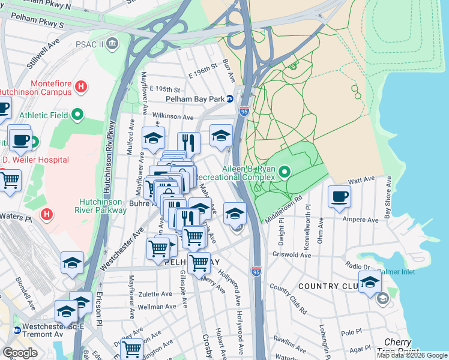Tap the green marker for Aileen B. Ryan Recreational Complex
283,173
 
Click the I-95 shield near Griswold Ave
256,272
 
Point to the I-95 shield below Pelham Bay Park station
243,112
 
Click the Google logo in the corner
20,353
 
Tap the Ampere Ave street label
360,220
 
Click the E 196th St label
201,72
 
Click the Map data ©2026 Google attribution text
411,355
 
